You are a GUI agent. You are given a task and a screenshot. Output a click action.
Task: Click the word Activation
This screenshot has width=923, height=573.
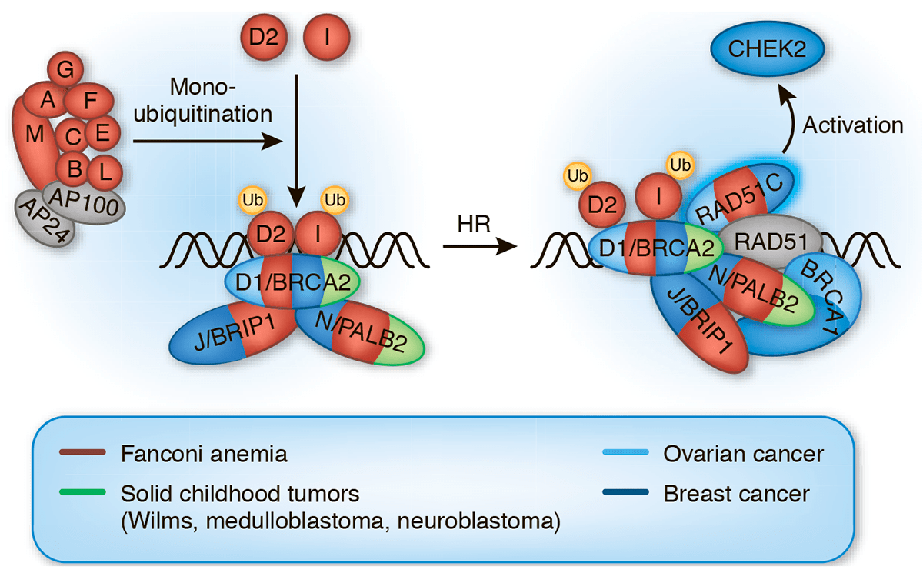pos(853,125)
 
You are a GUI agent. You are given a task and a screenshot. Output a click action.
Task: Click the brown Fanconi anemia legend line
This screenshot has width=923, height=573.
pos(82,454)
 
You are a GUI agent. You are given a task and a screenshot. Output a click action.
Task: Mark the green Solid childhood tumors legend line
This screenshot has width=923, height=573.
pos(82,492)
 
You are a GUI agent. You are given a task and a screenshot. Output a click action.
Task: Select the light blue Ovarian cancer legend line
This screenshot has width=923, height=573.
pos(623,454)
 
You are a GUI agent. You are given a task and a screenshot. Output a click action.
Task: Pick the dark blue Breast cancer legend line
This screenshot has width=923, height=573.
pos(623,492)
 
